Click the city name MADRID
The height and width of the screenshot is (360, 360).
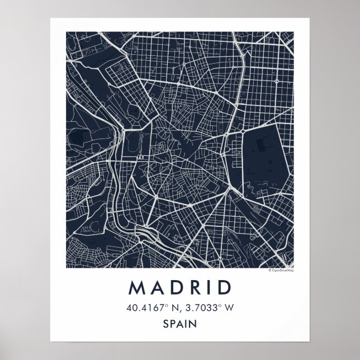click(x=180, y=287)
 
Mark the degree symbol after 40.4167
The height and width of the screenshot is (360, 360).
click(x=167, y=304)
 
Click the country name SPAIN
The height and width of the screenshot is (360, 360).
click(x=180, y=323)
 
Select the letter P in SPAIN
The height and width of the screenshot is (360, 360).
click(x=173, y=323)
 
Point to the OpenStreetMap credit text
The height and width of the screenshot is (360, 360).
click(x=281, y=270)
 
